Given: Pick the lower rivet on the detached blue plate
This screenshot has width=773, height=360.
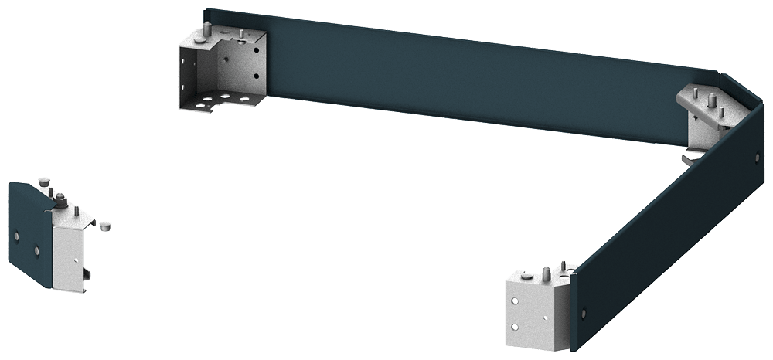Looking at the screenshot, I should click(36, 249).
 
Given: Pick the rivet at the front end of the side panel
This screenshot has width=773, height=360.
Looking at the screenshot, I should click(584, 313).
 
